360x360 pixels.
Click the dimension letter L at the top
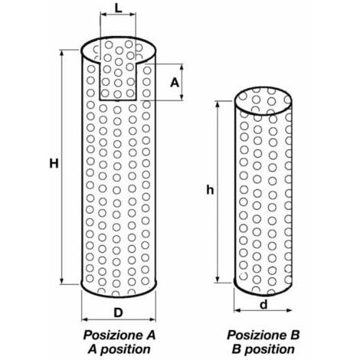tap(118, 8)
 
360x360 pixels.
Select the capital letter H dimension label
tap(54, 164)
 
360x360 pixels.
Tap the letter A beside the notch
tap(175, 83)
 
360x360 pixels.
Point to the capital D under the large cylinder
tap(118, 313)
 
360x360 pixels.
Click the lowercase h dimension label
tap(210, 190)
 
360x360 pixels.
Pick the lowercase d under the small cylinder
tap(263, 304)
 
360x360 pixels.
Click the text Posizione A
tap(119, 335)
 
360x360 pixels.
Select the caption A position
tap(119, 349)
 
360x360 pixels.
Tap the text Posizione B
tap(263, 335)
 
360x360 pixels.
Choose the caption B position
tap(263, 349)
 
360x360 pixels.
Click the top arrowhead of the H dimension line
tap(61, 52)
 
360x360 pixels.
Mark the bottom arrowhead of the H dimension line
tap(61, 281)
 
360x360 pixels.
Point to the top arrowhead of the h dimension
tap(218, 104)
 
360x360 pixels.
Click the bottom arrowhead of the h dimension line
tap(218, 280)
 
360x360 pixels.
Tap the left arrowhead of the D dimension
tap(84, 319)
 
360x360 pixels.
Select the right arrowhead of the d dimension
tap(289, 310)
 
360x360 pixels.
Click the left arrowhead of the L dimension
tap(103, 15)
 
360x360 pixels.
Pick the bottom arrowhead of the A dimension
tap(182, 97)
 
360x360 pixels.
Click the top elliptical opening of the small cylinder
tap(263, 101)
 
